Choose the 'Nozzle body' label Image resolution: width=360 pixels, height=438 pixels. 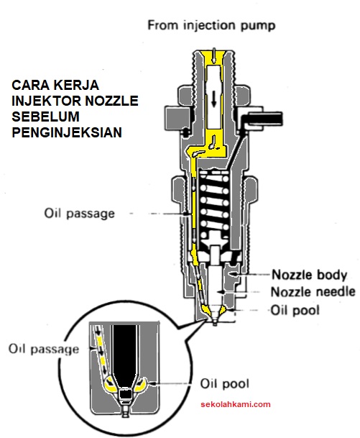tap(309, 275)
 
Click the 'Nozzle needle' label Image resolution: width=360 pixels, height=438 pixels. tap(313, 292)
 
